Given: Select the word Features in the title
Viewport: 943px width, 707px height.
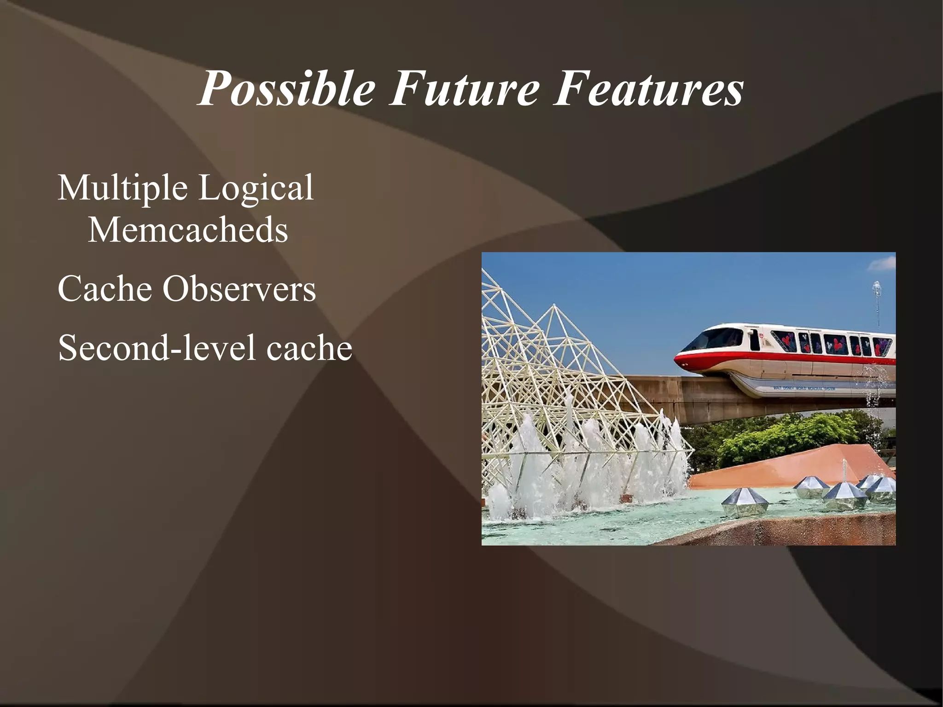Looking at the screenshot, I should click(x=648, y=88).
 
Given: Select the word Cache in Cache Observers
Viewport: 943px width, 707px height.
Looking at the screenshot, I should click(x=105, y=289).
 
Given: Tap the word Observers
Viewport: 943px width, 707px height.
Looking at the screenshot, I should click(x=239, y=289).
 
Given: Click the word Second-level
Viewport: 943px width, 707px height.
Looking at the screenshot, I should click(x=157, y=348).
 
